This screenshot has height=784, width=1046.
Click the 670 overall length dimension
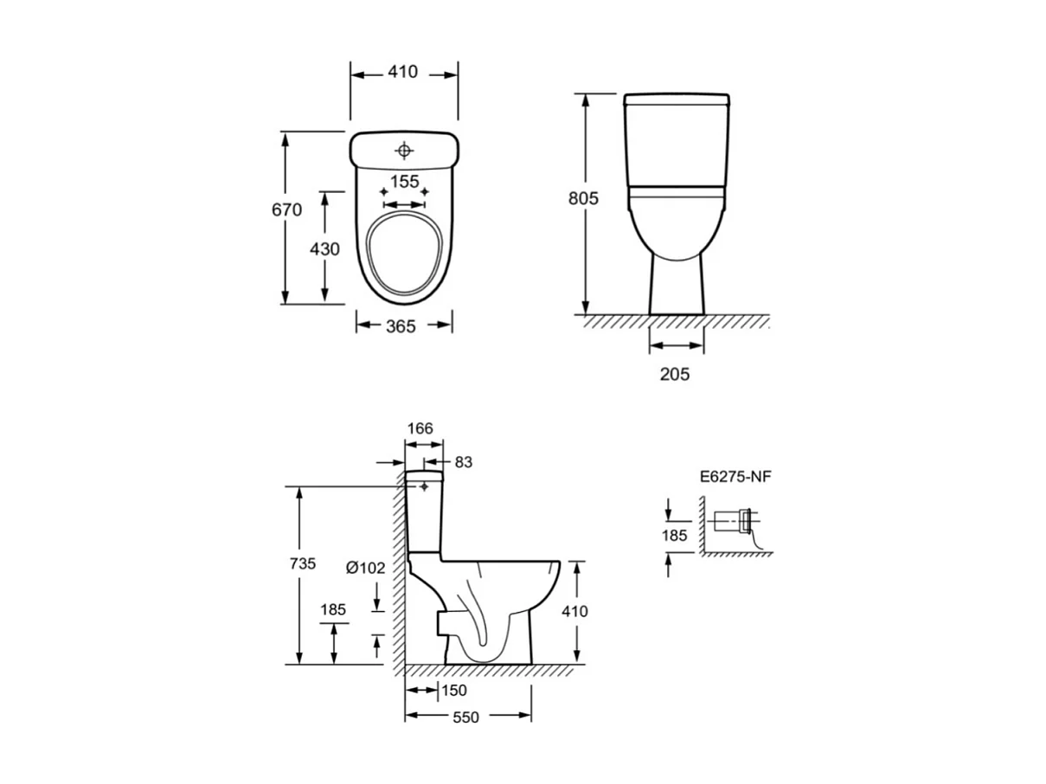tap(286, 209)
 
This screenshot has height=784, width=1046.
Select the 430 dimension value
tap(324, 248)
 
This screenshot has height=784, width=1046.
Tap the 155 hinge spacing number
tap(405, 182)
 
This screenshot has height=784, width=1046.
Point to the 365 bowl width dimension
tap(401, 326)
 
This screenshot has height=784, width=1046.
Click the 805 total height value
tap(583, 198)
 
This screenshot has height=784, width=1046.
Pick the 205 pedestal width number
tap(675, 374)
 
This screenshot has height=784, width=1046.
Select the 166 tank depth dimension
tap(420, 428)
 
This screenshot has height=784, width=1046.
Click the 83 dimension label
tap(463, 462)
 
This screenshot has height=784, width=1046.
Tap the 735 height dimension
tap(303, 564)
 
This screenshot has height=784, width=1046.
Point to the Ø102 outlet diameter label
tap(365, 568)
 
